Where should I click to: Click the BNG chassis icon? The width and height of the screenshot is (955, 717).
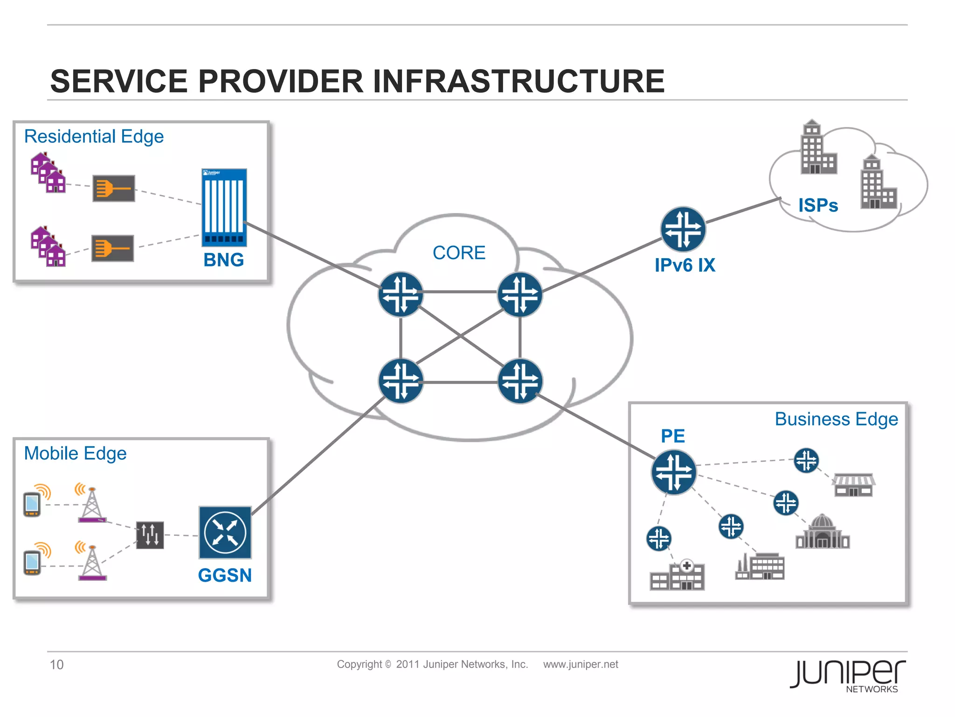click(224, 207)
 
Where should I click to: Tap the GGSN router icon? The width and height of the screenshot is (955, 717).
click(225, 533)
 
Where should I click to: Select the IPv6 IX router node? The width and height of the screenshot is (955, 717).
click(683, 229)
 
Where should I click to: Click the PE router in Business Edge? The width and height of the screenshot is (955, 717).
click(673, 472)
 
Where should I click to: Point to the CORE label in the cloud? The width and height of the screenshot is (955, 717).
click(459, 253)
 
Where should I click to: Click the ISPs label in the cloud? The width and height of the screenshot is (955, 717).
click(818, 205)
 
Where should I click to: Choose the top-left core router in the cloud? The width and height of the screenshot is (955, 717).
click(401, 294)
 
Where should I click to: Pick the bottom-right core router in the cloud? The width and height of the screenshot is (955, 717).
click(520, 381)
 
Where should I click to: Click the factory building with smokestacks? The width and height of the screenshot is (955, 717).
click(760, 567)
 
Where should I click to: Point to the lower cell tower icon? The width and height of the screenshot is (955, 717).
click(92, 562)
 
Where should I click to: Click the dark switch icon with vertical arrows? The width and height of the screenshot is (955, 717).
click(150, 535)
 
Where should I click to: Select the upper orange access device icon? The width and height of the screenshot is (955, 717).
click(113, 188)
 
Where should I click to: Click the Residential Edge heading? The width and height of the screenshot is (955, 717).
click(94, 136)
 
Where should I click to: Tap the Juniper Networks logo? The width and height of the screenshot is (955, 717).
click(847, 675)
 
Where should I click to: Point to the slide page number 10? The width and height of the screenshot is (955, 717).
click(56, 664)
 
